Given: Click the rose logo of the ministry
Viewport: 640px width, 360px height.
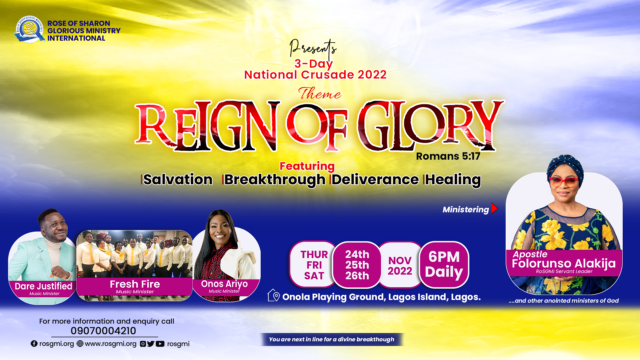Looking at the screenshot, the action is (x=29, y=29).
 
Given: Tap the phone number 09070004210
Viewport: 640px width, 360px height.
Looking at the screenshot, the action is (x=103, y=331).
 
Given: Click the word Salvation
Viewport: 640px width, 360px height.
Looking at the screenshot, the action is (x=178, y=180).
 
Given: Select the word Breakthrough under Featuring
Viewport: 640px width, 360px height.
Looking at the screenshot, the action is (x=275, y=180).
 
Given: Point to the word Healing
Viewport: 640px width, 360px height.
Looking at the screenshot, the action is (x=453, y=180).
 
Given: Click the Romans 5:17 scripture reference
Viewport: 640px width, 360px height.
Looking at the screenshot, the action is (x=448, y=156).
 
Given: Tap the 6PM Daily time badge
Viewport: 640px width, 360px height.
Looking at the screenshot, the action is (x=444, y=264).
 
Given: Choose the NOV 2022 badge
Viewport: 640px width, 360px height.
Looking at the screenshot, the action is (x=400, y=265).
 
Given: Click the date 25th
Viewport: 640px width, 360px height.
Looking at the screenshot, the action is (x=357, y=265).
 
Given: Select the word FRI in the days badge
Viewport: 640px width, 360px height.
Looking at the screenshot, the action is (x=314, y=265).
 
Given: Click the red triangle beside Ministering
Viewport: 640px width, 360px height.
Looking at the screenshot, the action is (x=495, y=208).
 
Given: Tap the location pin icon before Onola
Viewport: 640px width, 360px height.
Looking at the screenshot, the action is (x=274, y=295).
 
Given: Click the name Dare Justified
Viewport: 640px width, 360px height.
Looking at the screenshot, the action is (x=43, y=286).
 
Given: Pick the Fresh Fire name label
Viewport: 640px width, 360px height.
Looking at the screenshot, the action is (x=135, y=284).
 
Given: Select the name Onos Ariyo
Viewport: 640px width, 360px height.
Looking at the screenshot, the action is (x=224, y=284).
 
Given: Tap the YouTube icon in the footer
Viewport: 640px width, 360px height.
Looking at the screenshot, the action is (x=160, y=344).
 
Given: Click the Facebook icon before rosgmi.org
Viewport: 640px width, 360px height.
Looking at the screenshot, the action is (x=34, y=344).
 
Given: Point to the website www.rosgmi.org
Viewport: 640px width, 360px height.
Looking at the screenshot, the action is (x=111, y=344).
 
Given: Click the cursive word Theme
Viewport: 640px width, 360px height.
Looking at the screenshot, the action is (x=320, y=93).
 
